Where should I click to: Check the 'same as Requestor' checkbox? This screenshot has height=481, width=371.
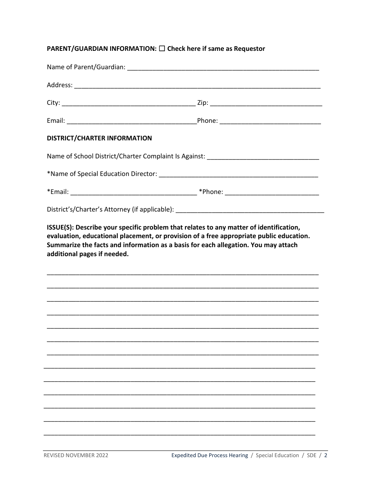162,48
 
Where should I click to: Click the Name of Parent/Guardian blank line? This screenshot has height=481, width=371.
223,68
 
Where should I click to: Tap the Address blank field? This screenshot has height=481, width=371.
197,86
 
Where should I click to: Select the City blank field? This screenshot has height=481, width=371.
128,103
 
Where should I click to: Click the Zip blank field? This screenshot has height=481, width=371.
266,103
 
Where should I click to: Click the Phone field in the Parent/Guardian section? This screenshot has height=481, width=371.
270,121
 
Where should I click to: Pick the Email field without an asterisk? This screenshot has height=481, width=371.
132,121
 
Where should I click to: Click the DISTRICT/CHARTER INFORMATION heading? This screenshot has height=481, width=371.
99,138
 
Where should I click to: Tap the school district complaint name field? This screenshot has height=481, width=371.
263,156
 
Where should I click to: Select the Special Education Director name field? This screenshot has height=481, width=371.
239,174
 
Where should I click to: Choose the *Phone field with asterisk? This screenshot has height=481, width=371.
272,192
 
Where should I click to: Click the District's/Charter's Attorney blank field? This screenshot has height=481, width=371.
250,210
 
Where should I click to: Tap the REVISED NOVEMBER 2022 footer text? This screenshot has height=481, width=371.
76,455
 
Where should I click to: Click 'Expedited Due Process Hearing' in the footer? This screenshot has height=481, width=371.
210,455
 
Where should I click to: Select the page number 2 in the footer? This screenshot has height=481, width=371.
326,455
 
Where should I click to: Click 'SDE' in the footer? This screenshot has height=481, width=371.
312,455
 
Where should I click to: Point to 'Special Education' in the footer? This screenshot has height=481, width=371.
277,455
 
